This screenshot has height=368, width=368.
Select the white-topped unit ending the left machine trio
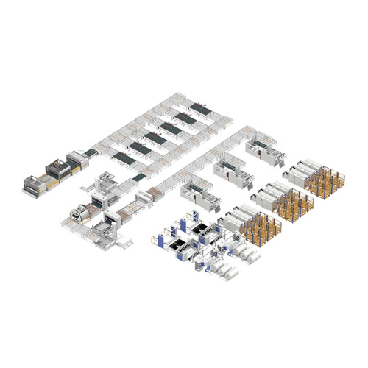pyautogui.click(x=75, y=158)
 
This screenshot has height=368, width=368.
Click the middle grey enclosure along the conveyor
pyautogui.click(x=230, y=168)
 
